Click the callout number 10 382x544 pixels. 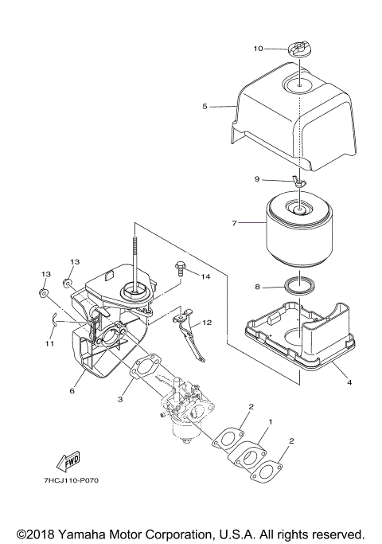pos(258,49)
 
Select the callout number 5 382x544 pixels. pos(205,106)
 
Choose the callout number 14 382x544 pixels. pos(205,276)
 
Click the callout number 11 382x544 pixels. pos(49,344)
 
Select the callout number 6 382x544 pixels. pos(72,391)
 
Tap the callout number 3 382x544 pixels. pos(120,397)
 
